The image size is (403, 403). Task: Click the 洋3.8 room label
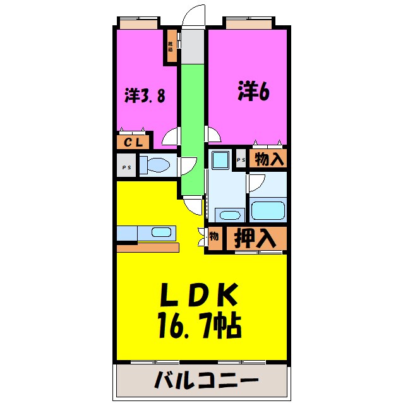click(x=145, y=96)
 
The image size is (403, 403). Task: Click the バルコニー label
click(x=205, y=381)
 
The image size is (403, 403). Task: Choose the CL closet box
click(x=132, y=142)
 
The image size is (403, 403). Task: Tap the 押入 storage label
click(x=255, y=239)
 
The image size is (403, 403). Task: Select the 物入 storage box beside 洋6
click(x=268, y=159)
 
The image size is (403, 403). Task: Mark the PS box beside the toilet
click(x=125, y=167)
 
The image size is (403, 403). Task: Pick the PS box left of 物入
click(x=240, y=159)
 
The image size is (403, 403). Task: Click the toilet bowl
click(x=155, y=166)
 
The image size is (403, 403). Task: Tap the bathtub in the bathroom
click(x=268, y=209)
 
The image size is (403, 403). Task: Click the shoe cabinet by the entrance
click(x=171, y=47)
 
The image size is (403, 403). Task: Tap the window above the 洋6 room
click(x=249, y=23)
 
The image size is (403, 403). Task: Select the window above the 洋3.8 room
click(x=138, y=23)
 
